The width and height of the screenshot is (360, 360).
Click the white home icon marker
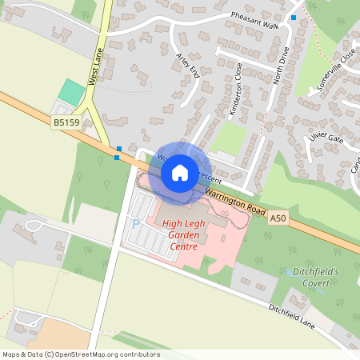tap(180, 173)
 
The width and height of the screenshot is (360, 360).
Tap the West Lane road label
tap(96, 66)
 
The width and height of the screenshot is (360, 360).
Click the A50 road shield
tap(278, 217)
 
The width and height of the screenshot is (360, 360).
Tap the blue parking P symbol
tap(135, 224)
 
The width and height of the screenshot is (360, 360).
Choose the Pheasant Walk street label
tap(254, 19)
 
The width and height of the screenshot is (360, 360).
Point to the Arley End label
tap(190, 64)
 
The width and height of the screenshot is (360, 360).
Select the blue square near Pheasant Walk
tap(294, 18)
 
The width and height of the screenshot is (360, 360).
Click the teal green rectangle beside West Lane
tap(71, 91)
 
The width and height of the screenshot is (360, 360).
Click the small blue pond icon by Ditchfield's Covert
tap(288, 272)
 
